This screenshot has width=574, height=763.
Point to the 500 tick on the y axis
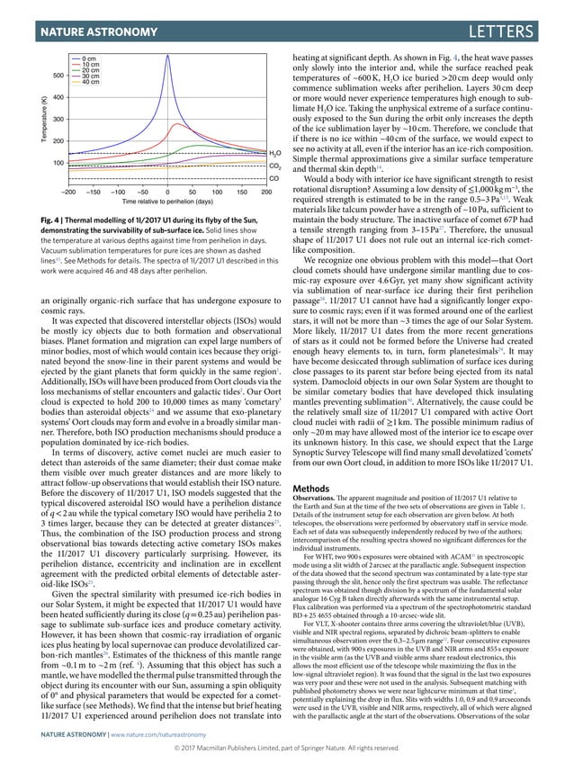58,76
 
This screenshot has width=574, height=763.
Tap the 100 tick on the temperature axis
58,163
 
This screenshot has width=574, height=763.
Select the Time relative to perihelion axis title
167,202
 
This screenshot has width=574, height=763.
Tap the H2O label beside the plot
274,155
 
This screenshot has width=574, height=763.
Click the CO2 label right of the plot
274,167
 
